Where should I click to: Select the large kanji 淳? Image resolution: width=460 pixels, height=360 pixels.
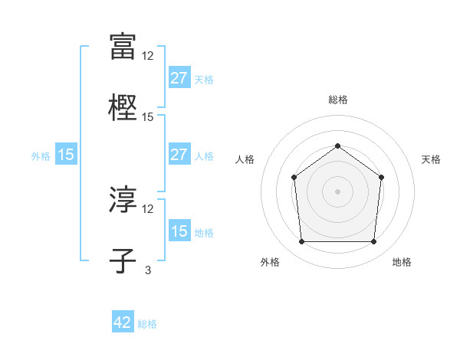pos(123,201)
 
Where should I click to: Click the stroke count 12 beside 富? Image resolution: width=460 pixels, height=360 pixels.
pos(148,55)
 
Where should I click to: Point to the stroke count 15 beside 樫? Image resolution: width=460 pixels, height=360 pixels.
pos(148,117)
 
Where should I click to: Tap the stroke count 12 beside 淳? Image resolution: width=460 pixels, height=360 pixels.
pos(148,209)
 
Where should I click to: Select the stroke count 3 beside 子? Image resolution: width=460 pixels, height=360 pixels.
pos(148,270)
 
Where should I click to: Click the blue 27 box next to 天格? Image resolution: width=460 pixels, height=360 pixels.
pos(179,78)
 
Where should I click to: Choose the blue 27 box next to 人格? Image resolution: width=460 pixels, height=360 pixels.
pos(179,155)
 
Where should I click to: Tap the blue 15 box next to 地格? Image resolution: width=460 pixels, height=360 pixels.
pos(179,231)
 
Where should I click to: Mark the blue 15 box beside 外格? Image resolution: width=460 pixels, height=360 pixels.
pos(66,155)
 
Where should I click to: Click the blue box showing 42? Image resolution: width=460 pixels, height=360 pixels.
pos(123,322)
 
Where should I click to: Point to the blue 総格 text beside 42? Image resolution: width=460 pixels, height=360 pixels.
pos(147,324)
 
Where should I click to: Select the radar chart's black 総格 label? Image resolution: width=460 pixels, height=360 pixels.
pos(337,100)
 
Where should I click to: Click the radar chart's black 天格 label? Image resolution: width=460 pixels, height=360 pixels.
pos(432,159)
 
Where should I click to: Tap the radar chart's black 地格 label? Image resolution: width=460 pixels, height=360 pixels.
pos(402,263)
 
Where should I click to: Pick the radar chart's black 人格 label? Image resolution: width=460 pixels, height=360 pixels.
pos(245,159)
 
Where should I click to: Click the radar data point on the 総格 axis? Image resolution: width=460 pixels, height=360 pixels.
pos(337,146)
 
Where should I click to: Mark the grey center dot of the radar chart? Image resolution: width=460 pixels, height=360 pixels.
pos(337,191)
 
